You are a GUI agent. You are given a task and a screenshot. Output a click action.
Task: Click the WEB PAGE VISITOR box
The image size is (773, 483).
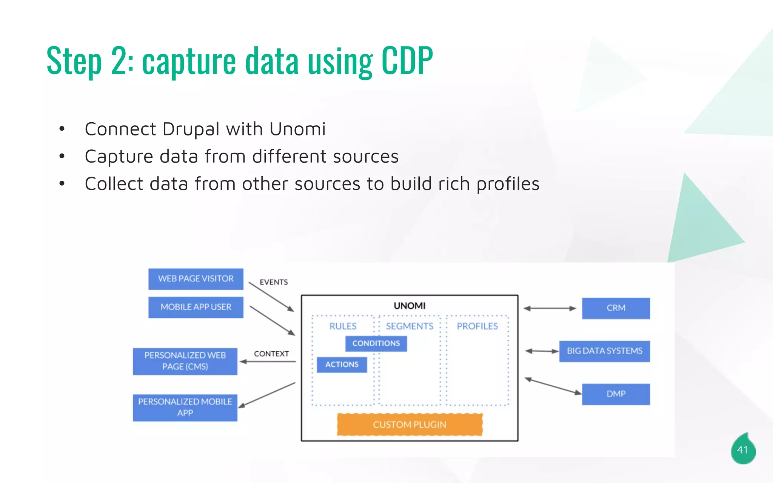coord(196,279)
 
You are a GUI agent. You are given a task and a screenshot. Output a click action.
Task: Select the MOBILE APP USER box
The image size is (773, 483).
coord(196,307)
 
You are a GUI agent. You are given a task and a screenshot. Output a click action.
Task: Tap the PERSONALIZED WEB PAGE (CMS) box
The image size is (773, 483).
coord(185,361)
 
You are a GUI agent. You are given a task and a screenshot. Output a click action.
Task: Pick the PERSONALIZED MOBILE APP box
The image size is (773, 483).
coord(185,408)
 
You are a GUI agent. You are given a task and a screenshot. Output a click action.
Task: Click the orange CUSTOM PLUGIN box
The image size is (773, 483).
coord(410,425)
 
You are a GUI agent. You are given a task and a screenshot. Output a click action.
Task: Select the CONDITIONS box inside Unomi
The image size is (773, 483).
coord(376,343)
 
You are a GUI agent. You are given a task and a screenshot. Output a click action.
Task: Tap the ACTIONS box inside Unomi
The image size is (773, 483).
coord(342,365)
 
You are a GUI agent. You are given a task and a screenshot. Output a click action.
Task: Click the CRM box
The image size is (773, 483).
coord(616,308)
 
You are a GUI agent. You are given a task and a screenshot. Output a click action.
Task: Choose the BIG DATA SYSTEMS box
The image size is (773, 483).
coord(604,351)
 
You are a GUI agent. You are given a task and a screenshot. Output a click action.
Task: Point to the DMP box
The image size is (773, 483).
coord(616,394)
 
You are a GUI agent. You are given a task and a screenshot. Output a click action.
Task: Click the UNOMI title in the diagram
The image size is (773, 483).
coord(410,306)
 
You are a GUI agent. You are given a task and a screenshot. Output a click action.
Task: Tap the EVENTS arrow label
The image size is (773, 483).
coord(274,282)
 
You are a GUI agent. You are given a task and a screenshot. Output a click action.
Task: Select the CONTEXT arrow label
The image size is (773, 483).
coord(271,354)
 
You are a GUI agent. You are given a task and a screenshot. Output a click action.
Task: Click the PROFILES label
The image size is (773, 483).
coord(477,326)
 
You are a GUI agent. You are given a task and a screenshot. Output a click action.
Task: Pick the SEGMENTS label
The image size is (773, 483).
coord(410,326)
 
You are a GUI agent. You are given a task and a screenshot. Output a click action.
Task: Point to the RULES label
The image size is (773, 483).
coord(343,326)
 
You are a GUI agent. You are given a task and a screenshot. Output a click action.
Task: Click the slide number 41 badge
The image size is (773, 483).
coord(742,450)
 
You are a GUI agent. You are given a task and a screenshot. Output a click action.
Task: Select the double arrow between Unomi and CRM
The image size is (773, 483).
coord(550,308)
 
